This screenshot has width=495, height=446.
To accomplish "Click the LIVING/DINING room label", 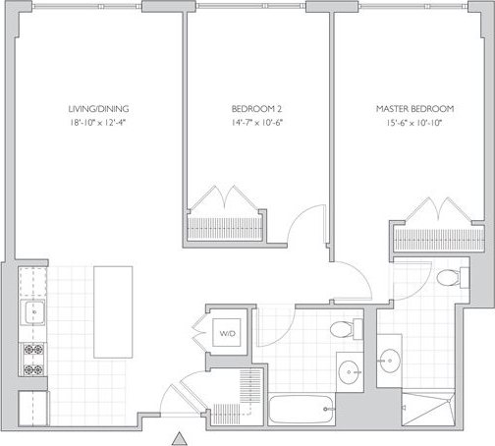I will (98, 108).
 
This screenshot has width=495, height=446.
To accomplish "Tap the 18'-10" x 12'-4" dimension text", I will (98, 123).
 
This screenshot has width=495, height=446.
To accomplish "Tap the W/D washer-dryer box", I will (228, 334).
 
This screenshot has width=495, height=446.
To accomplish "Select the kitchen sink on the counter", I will (30, 315).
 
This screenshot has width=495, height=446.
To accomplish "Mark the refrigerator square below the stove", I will (31, 404).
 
